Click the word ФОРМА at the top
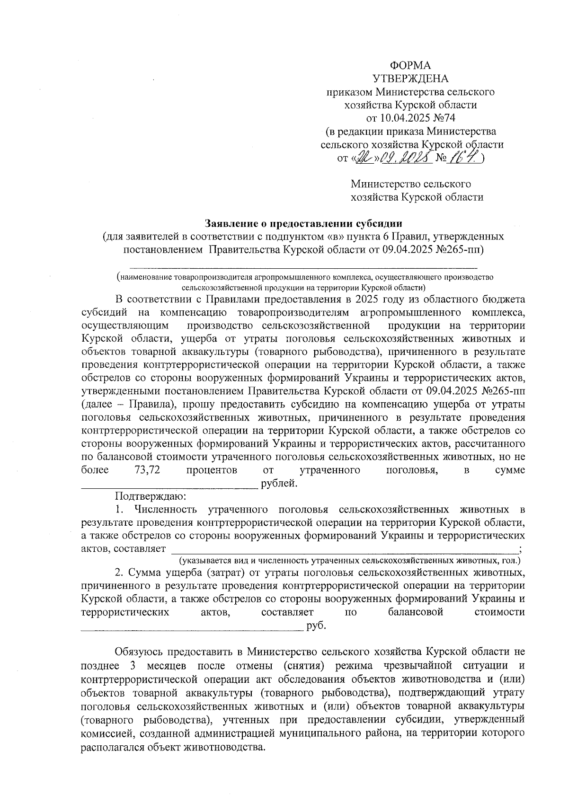point(410,65)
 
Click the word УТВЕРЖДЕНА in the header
point(410,79)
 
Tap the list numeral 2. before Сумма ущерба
point(119,573)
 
